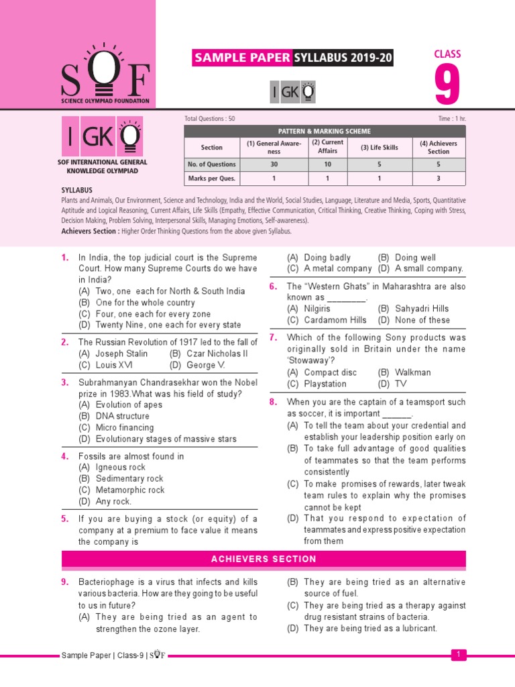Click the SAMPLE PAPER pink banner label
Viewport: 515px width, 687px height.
(242, 58)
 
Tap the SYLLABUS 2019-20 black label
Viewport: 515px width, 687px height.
(343, 58)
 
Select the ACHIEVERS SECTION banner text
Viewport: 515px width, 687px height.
(264, 559)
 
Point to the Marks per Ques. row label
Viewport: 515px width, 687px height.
(211, 178)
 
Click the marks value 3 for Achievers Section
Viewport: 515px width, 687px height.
(439, 178)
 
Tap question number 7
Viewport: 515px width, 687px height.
(273, 337)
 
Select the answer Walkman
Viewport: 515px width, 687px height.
(413, 372)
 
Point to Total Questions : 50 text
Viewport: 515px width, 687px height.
(210, 118)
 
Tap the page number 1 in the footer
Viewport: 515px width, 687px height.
(458, 654)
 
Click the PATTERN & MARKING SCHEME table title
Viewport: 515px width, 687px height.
(325, 131)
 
